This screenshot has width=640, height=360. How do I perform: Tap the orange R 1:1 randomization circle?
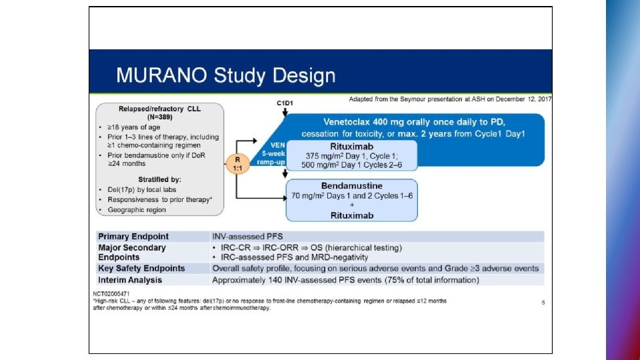237,164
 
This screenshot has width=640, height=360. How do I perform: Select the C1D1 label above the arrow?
285,103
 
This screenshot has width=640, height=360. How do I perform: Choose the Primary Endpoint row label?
133,237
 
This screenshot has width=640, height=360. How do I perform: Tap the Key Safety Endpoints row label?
141,269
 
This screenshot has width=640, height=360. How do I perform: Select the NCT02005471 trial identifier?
111,293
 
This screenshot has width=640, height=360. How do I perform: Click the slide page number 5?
543,302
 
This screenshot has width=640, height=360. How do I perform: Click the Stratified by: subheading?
159,179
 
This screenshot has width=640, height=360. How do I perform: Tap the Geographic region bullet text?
137,209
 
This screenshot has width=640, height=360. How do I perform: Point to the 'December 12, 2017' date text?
524,99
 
